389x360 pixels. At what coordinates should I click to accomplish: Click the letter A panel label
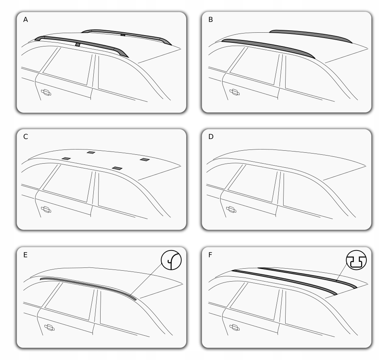pyautogui.click(x=25, y=20)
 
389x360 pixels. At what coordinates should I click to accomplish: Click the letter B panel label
pyautogui.click(x=210, y=20)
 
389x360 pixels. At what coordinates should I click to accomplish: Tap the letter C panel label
pyautogui.click(x=25, y=137)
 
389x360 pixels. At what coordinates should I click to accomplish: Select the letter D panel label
pyautogui.click(x=211, y=137)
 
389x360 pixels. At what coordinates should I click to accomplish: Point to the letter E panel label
pyautogui.click(x=25, y=255)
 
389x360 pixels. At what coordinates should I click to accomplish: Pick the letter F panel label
pyautogui.click(x=210, y=255)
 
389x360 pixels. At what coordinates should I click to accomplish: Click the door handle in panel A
pyautogui.click(x=46, y=92)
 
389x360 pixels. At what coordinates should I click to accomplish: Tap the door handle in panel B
pyautogui.click(x=234, y=92)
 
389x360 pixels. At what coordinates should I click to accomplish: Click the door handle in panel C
pyautogui.click(x=46, y=210)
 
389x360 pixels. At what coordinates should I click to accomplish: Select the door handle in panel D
pyautogui.click(x=231, y=210)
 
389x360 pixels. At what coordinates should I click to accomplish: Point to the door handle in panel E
pyautogui.click(x=49, y=328)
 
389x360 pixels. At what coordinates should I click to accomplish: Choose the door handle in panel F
pyautogui.click(x=234, y=328)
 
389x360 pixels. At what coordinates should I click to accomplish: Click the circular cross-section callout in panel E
pyautogui.click(x=171, y=260)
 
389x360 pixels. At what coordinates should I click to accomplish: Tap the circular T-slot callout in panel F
pyautogui.click(x=356, y=260)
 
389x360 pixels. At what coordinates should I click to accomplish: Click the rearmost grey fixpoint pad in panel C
pyautogui.click(x=145, y=160)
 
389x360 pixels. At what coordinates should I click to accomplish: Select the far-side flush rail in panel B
pyautogui.click(x=310, y=34)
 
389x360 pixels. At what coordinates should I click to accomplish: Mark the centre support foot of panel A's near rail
pyautogui.click(x=78, y=44)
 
